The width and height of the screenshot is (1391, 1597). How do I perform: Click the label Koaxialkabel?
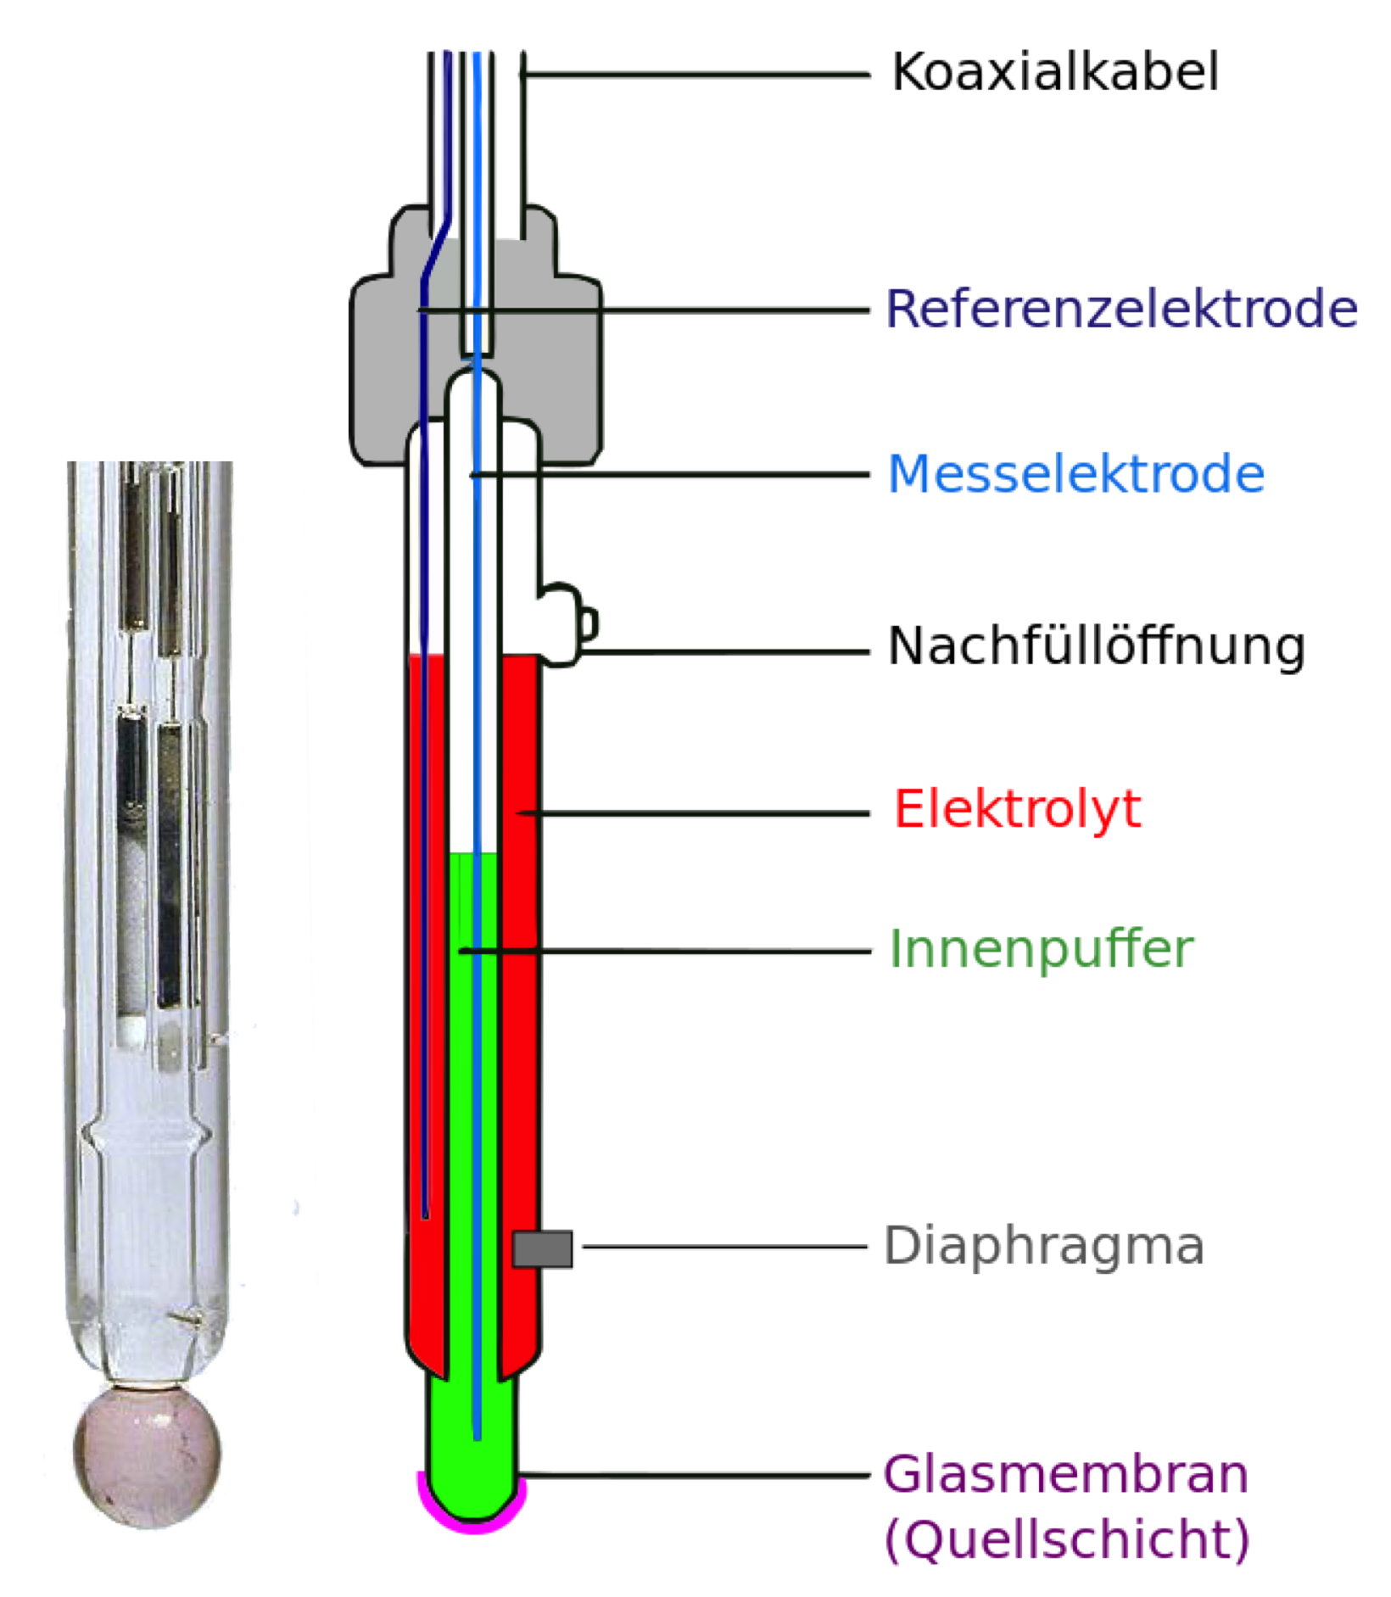[x=1055, y=72]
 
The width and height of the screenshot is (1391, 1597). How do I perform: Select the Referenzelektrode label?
[x=1121, y=309]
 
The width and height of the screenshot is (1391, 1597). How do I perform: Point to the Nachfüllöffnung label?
[x=1096, y=647]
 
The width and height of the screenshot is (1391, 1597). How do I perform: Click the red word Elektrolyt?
[x=1017, y=809]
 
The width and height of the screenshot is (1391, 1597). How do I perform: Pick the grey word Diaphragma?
[x=1043, y=1246]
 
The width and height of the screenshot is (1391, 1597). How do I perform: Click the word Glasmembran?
[x=1065, y=1475]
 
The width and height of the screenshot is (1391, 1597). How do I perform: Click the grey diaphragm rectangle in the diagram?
[x=542, y=1249]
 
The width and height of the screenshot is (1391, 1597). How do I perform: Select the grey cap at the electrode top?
[x=560, y=356]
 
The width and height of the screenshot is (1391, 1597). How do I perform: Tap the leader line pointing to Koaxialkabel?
[x=695, y=75]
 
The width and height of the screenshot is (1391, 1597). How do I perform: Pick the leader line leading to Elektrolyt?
[x=695, y=812]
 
